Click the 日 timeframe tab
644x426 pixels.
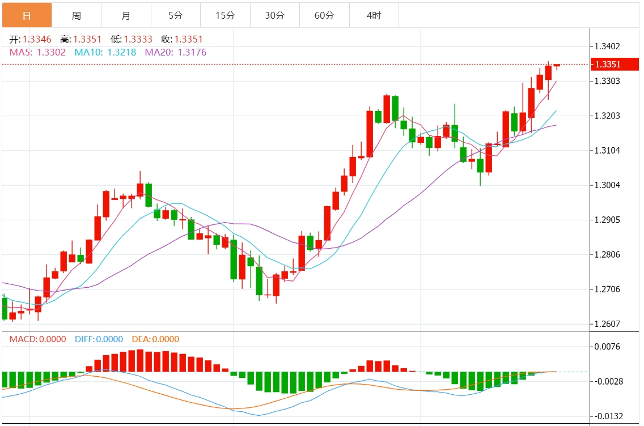click(27, 15)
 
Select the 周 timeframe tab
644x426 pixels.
click(77, 15)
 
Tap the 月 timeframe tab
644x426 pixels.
click(126, 15)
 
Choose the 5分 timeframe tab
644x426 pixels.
click(175, 15)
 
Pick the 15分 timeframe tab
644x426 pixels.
click(225, 15)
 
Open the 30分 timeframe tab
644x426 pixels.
click(274, 15)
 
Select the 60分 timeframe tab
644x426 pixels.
click(324, 15)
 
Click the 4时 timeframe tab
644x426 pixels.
click(374, 15)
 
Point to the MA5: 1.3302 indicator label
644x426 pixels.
click(37, 52)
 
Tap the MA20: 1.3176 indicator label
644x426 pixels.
click(176, 52)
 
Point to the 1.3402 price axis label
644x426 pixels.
click(607, 46)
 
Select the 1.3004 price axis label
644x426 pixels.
click(607, 185)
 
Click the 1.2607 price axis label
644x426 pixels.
click(607, 324)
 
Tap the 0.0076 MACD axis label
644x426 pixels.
click(607, 347)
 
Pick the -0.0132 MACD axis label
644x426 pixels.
click(607, 416)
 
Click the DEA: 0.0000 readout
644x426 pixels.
click(155, 339)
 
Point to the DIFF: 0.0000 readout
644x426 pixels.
click(99, 339)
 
